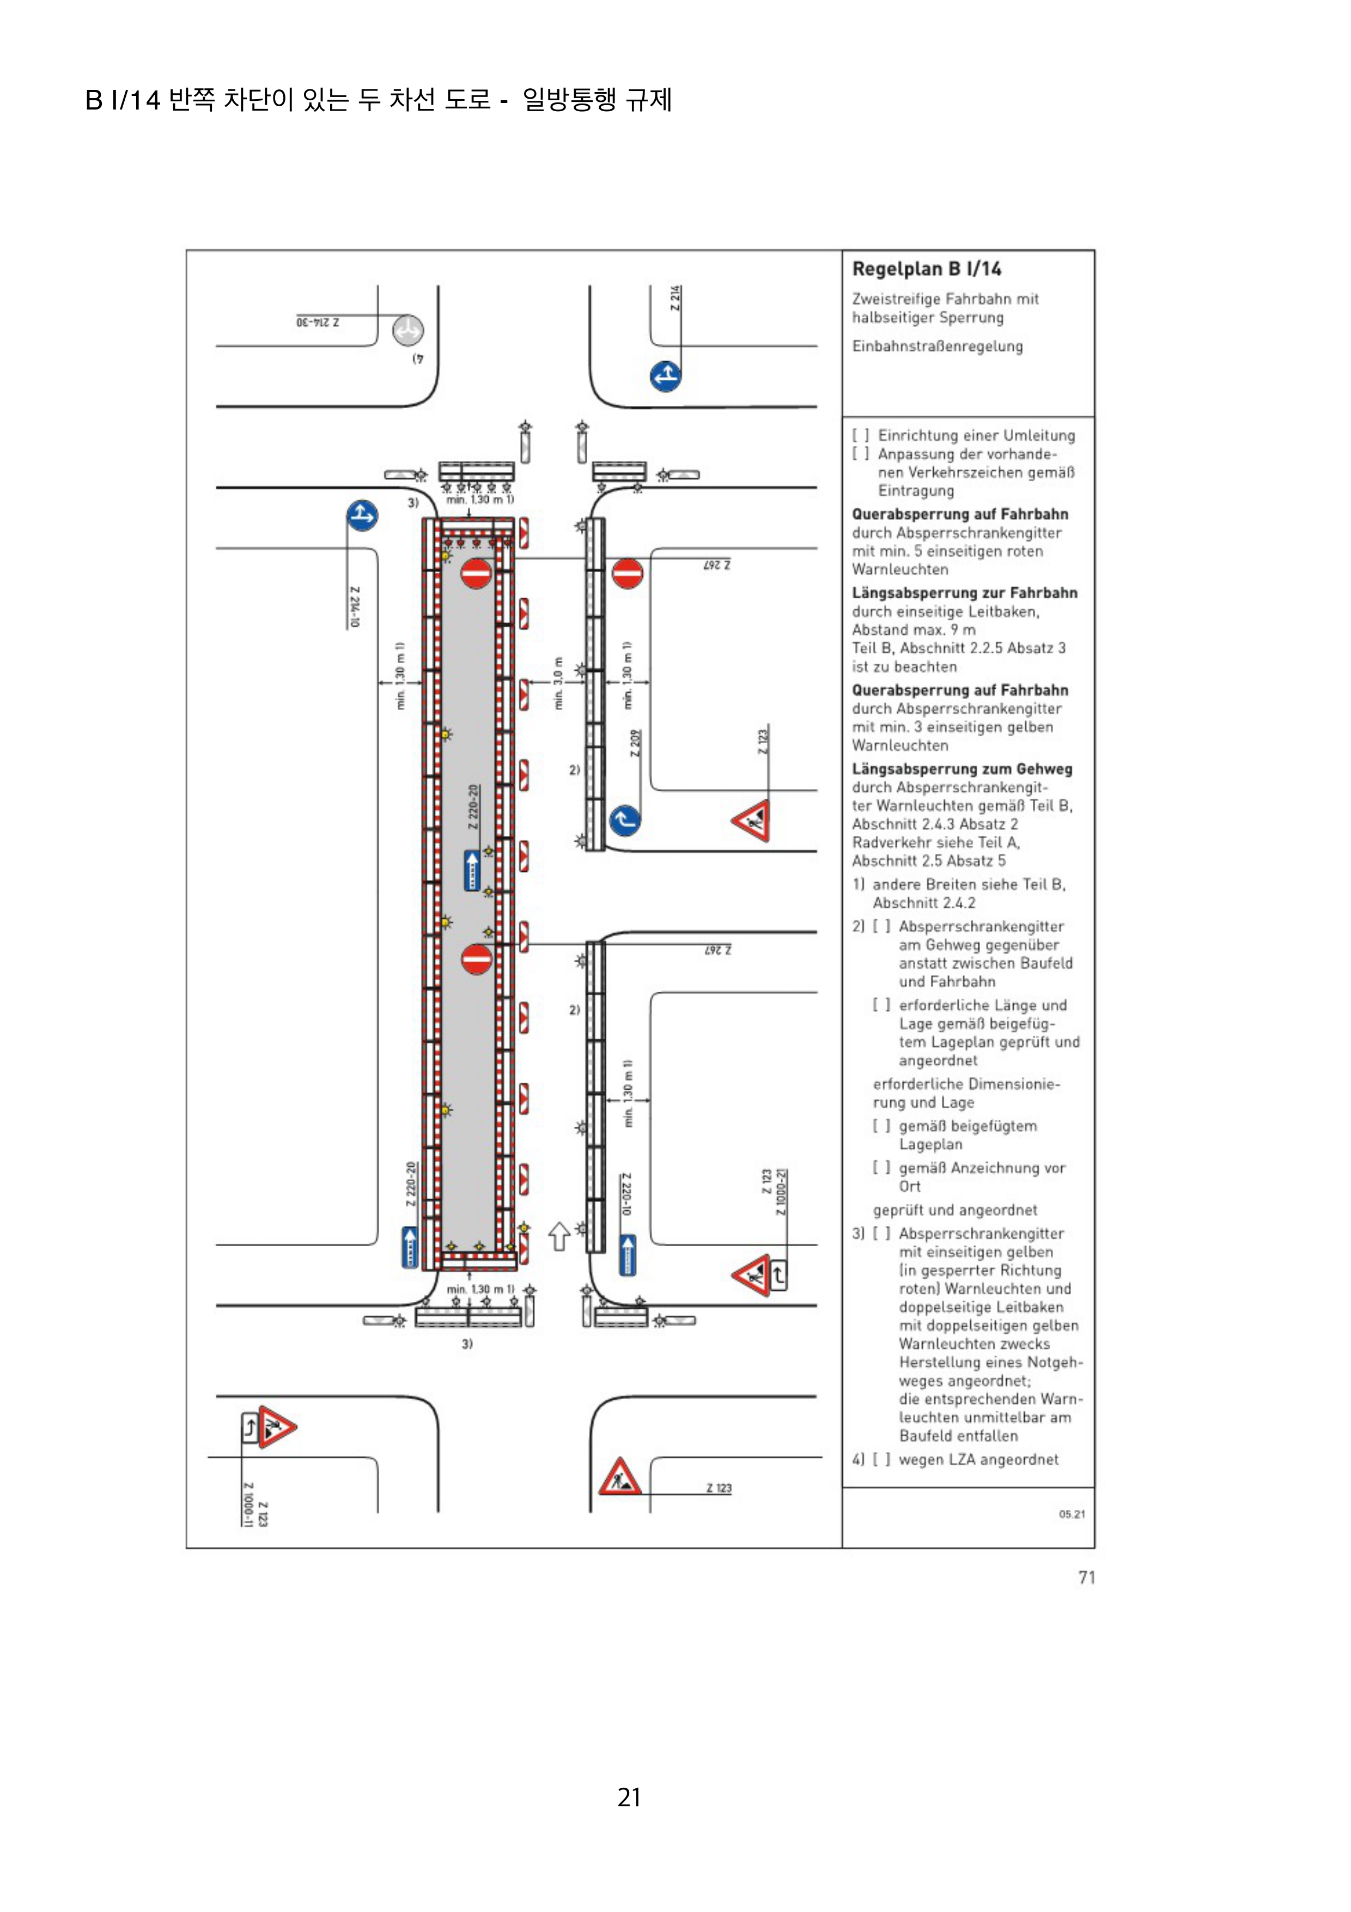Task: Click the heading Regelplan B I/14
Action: [x=927, y=269]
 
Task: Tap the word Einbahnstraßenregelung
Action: [x=938, y=347]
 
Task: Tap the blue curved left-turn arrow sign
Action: [x=624, y=820]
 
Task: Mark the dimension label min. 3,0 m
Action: [x=558, y=683]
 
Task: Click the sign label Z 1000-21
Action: [x=781, y=1192]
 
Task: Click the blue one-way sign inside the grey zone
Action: [x=472, y=870]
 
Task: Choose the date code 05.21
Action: [x=1072, y=1514]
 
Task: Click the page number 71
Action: [x=1086, y=1577]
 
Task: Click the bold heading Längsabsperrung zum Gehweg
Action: [x=961, y=769]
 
